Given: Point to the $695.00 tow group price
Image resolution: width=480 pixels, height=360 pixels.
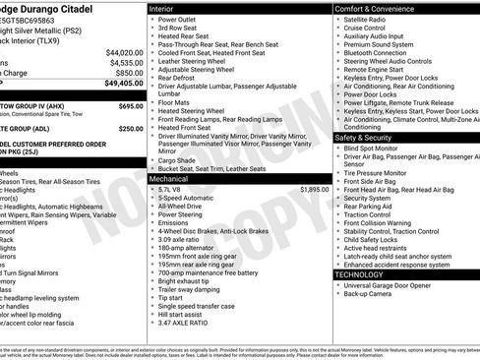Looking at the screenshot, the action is (x=131, y=105).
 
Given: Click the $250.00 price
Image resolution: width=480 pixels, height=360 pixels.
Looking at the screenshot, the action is (x=131, y=128).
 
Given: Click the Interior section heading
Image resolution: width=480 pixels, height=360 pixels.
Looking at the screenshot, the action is (x=161, y=8).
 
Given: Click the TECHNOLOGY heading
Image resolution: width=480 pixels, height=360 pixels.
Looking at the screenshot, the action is (x=358, y=274).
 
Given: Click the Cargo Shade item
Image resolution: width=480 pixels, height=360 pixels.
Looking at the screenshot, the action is (x=178, y=159).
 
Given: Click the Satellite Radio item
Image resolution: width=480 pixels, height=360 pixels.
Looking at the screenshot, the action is (x=367, y=19).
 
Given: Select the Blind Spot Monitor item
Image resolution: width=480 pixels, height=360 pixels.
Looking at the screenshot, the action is (x=374, y=148).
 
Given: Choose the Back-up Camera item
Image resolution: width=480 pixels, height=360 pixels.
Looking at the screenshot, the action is (x=369, y=294).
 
